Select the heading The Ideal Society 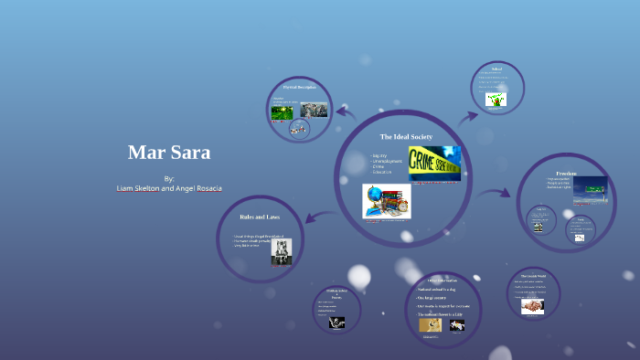click(406, 136)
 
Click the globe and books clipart click(386, 201)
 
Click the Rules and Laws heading click(260, 217)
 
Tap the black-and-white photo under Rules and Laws click(281, 252)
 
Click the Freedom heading click(566, 172)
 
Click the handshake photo click(532, 307)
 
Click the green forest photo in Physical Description click(282, 112)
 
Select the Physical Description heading click(298, 87)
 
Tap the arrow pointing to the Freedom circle click(496, 193)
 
